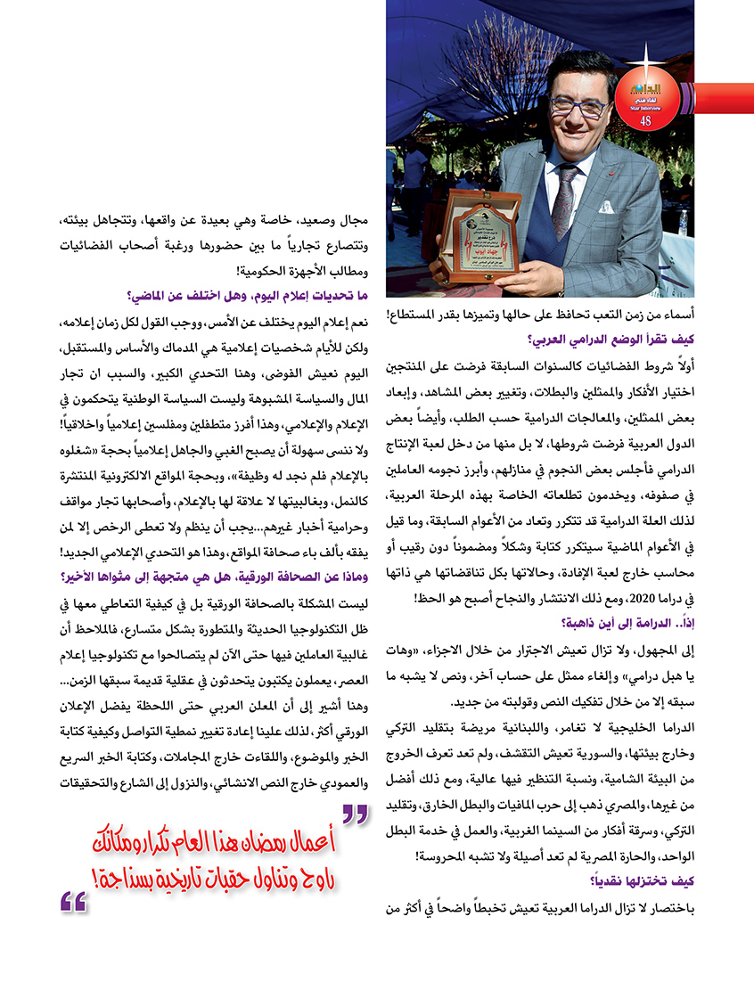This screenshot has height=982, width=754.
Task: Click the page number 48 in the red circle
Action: point(645,120)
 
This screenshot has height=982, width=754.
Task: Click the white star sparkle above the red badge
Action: point(643,61)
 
